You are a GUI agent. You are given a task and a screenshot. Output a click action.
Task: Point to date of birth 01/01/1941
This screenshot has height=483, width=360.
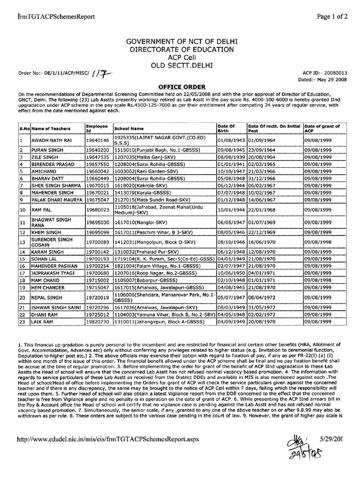pyautogui.click(x=231, y=165)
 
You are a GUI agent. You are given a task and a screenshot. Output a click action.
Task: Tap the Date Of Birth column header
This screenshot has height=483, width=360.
pyautogui.click(x=226, y=128)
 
